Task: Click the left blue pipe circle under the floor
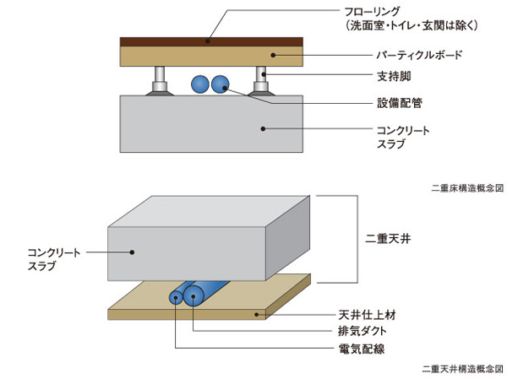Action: (201, 84)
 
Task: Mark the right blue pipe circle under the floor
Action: (221, 84)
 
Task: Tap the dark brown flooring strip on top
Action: (211, 41)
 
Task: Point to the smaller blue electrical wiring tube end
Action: (177, 296)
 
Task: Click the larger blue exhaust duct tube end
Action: (194, 295)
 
